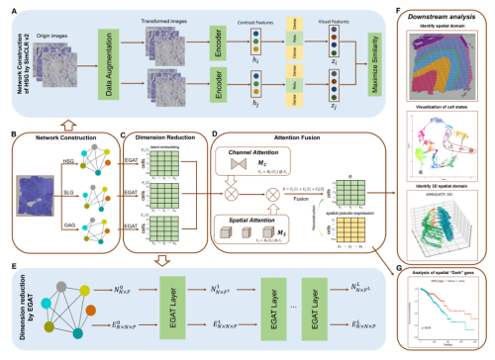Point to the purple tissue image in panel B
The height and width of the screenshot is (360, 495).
(x=33, y=194)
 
